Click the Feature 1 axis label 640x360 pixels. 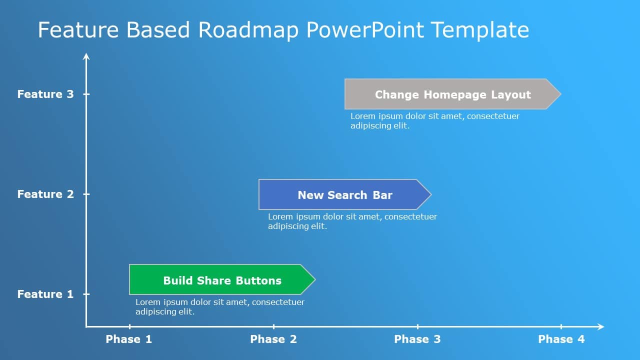(45, 294)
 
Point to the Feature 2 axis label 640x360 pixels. (45, 194)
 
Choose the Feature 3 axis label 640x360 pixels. (45, 94)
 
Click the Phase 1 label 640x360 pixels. (129, 339)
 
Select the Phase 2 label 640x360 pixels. (273, 339)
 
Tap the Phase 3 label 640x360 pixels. (417, 339)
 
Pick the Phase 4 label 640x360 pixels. (561, 339)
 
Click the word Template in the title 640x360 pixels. (479, 30)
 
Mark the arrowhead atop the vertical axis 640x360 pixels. (86, 56)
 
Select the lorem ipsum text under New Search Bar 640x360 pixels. (352, 221)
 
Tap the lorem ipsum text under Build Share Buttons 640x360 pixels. (220, 307)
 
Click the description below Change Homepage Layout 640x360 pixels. (434, 121)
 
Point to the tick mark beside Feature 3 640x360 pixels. (86, 94)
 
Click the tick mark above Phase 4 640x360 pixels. (561, 326)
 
